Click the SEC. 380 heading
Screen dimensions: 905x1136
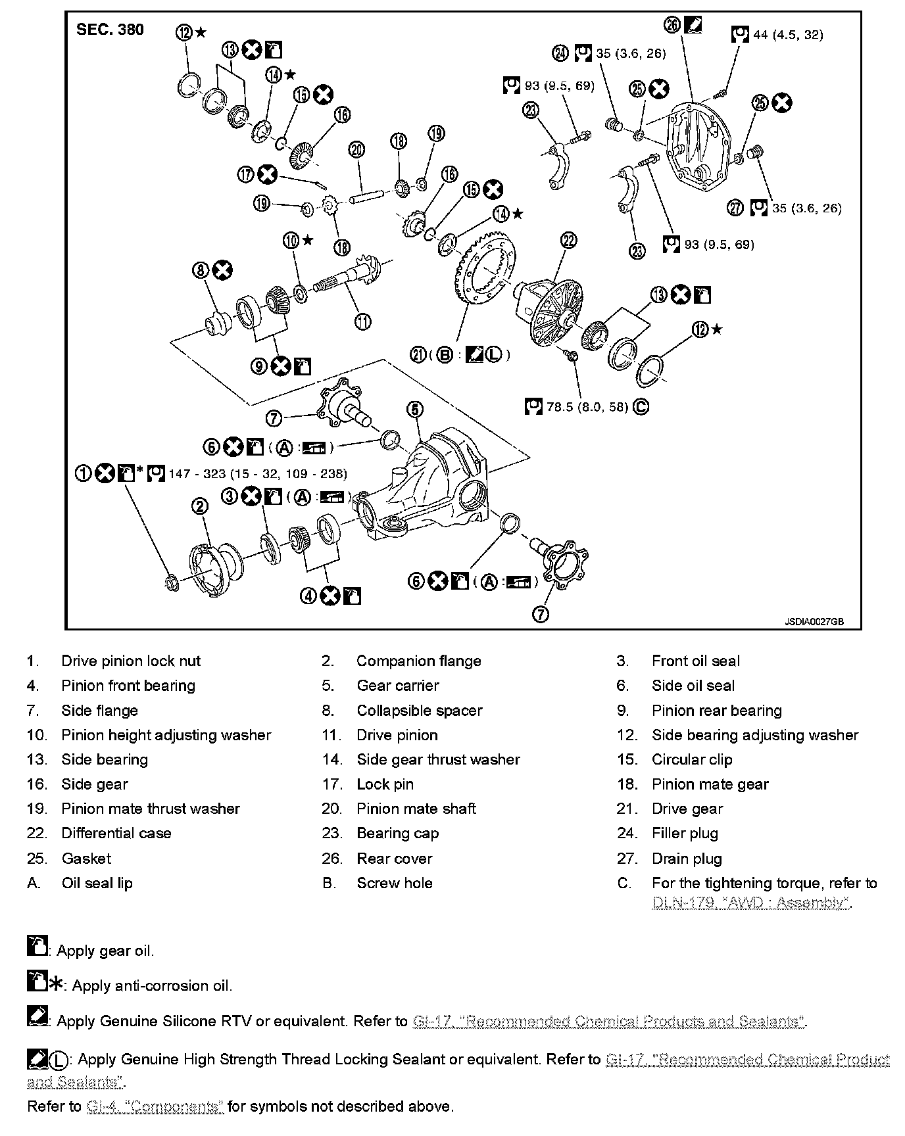(110, 30)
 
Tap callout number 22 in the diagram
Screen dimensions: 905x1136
(568, 241)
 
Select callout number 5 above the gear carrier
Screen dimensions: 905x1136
(414, 410)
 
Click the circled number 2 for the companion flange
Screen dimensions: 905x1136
(200, 506)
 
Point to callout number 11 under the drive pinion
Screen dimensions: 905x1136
(362, 321)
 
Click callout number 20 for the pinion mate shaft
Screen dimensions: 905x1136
(356, 150)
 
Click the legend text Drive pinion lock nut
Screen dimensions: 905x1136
(131, 661)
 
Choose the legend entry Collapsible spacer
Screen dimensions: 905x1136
(419, 711)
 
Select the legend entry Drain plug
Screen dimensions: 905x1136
(687, 859)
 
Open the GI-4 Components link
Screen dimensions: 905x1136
(155, 1106)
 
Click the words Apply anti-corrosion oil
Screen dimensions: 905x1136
(152, 985)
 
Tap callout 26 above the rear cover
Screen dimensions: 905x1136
(672, 26)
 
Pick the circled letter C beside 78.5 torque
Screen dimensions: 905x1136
(641, 408)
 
